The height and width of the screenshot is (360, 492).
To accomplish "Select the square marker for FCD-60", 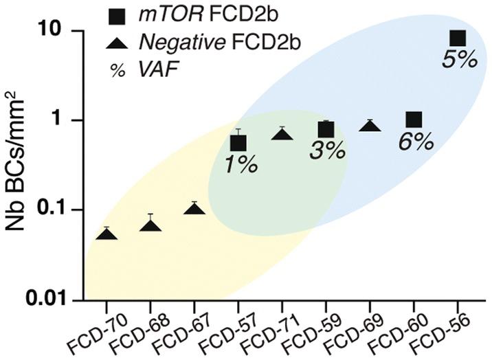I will (x=414, y=120).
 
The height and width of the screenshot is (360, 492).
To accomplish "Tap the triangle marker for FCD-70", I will (x=107, y=235).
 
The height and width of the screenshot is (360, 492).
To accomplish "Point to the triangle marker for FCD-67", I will (x=194, y=209).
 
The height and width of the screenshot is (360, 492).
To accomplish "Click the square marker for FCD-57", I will (x=238, y=143).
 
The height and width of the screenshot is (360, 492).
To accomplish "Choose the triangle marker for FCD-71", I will (x=282, y=135).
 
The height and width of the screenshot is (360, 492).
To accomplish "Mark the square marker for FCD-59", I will (x=326, y=129).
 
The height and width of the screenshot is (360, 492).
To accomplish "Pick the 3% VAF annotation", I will (x=326, y=152).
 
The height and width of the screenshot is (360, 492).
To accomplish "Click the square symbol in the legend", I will (x=118, y=16).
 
